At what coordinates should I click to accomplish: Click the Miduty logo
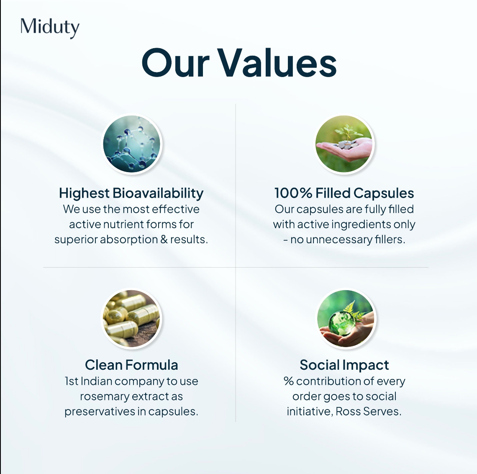tap(50, 28)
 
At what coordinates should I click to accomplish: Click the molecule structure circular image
tap(132, 144)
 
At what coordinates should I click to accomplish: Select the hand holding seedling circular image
tap(344, 144)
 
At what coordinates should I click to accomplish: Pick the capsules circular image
tap(131, 319)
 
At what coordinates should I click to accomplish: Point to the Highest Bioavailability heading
tap(131, 193)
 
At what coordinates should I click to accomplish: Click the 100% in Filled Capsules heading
tap(293, 193)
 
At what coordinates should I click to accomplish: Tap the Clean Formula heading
tap(131, 365)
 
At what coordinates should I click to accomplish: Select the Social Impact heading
tap(344, 365)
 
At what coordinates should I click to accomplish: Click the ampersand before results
tap(164, 240)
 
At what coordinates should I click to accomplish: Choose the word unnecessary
tap(339, 240)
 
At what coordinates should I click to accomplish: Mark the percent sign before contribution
tap(289, 381)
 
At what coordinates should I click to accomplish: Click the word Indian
tap(96, 381)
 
